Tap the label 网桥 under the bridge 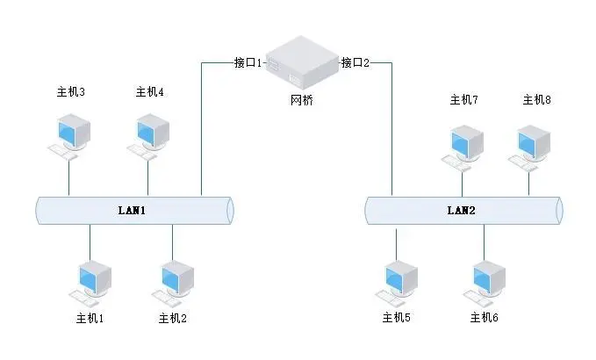point(301,100)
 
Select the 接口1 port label point(248,62)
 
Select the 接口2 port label point(355,62)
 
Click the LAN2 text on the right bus point(461,211)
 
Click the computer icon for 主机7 point(463,146)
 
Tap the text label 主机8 point(536,100)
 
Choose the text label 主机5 point(396,317)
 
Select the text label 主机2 point(173,317)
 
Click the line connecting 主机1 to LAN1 point(90,242)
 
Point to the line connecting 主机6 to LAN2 point(483,242)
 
